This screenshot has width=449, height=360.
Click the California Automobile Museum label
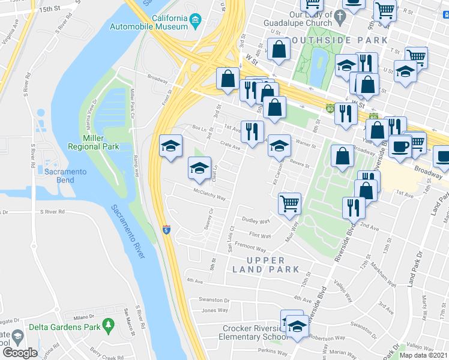pos(149,23)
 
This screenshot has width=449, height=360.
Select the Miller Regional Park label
pos(93,142)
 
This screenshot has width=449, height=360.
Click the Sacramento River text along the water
pos(128,232)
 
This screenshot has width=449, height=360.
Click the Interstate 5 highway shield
pos(166,230)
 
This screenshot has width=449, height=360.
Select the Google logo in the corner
pos(20,352)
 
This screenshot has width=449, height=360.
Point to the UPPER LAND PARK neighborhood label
pos(266,265)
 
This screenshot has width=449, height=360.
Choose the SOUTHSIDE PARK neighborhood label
pos(336,40)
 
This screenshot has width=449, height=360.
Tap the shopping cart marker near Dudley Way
pos(289,203)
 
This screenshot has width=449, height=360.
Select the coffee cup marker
pos(400,146)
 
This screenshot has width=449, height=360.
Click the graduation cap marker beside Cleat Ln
pos(200,167)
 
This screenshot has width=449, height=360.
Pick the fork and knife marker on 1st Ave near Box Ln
pos(252,130)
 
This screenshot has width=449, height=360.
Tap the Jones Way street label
pos(214,310)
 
